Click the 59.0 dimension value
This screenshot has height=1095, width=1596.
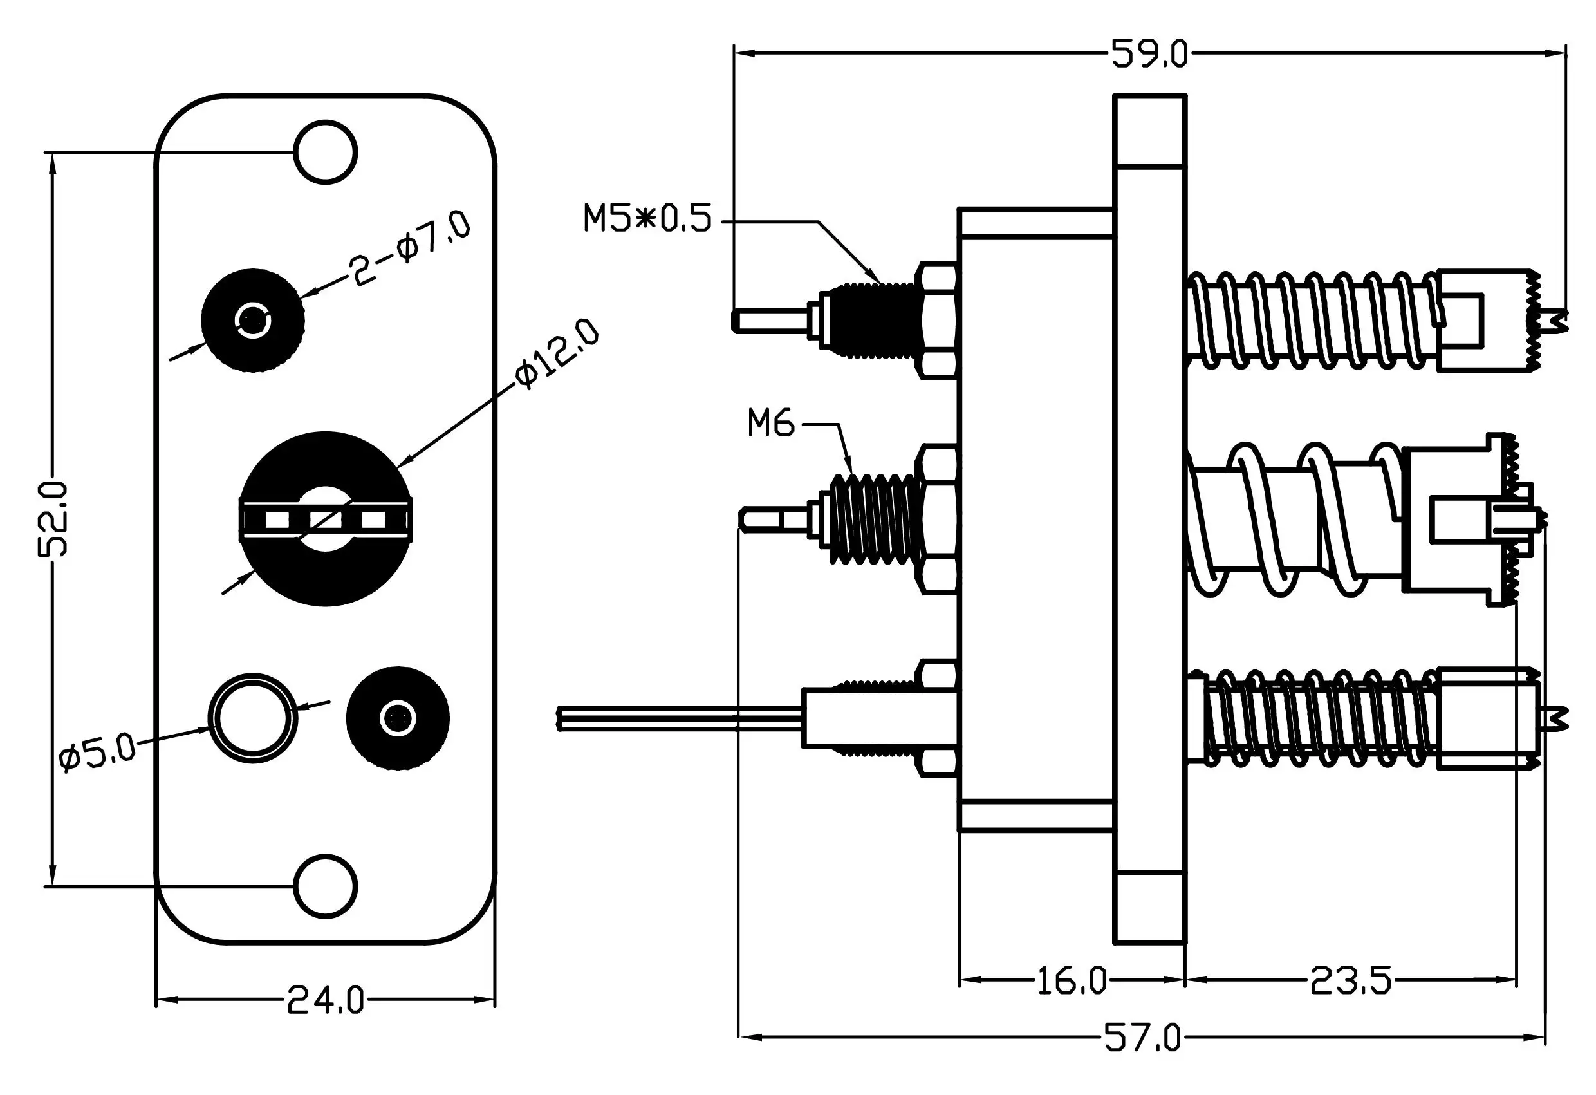(x=1149, y=53)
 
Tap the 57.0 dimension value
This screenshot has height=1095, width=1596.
(x=1143, y=1037)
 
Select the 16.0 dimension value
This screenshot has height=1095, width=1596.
(x=1072, y=980)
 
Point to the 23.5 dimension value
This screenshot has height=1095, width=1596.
(x=1350, y=980)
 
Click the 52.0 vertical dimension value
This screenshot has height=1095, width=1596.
(x=53, y=519)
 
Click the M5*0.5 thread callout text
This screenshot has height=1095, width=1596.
(x=647, y=218)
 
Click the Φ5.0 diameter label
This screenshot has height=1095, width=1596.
(x=98, y=753)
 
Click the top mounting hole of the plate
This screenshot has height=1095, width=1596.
(x=326, y=152)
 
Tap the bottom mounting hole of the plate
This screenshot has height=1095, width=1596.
(x=326, y=886)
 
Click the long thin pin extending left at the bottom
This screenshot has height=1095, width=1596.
(x=680, y=718)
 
